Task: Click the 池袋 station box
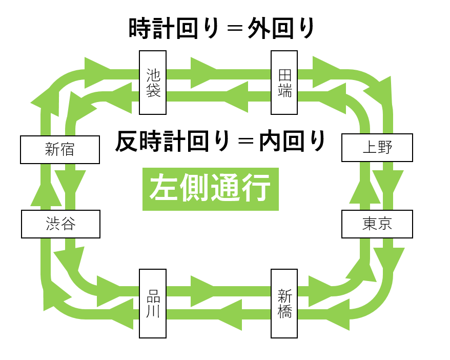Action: tap(153, 82)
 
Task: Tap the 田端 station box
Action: tap(284, 82)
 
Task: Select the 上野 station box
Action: tap(377, 148)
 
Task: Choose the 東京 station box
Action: tap(377, 224)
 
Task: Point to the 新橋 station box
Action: tap(284, 303)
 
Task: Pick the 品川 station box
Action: tap(153, 303)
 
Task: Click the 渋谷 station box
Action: tap(60, 224)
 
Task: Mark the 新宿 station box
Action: tap(60, 149)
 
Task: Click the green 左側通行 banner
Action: tap(210, 189)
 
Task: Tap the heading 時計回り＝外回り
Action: tap(221, 29)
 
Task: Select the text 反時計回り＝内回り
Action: tap(220, 142)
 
